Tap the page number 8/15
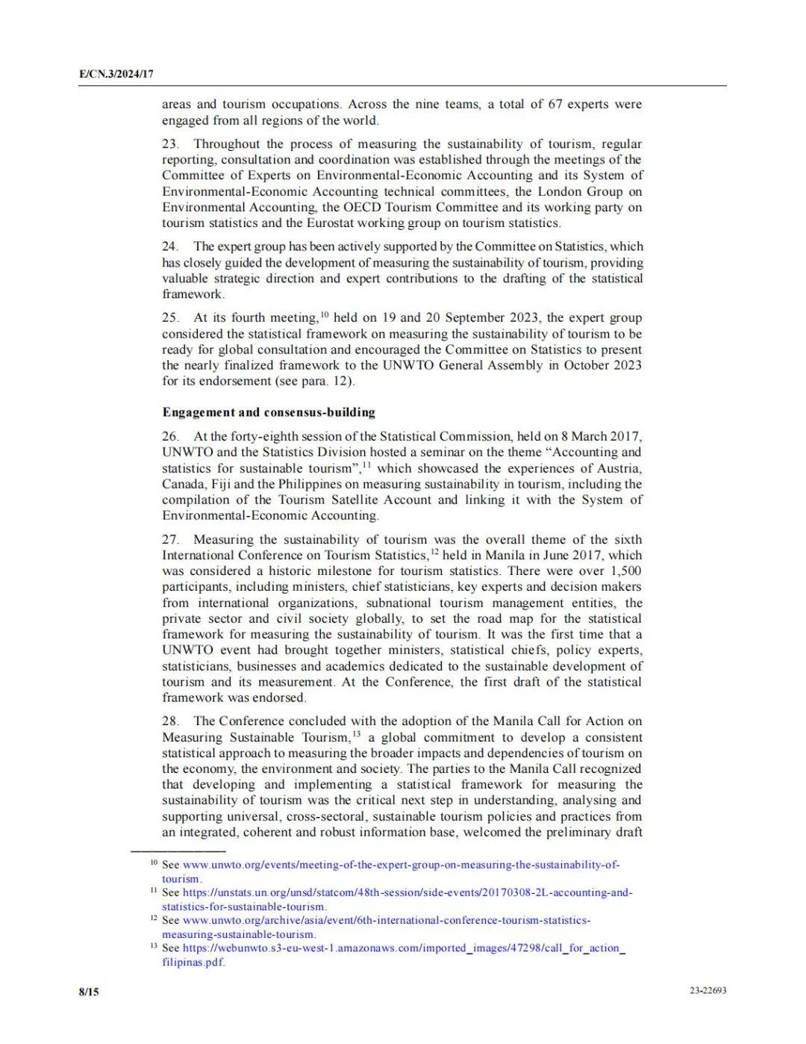tap(89, 992)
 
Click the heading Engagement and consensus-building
tap(269, 412)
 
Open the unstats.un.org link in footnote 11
tap(407, 893)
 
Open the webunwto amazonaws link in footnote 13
tap(404, 948)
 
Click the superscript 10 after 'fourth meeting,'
tap(325, 314)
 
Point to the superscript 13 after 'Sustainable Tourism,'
tap(357, 733)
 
